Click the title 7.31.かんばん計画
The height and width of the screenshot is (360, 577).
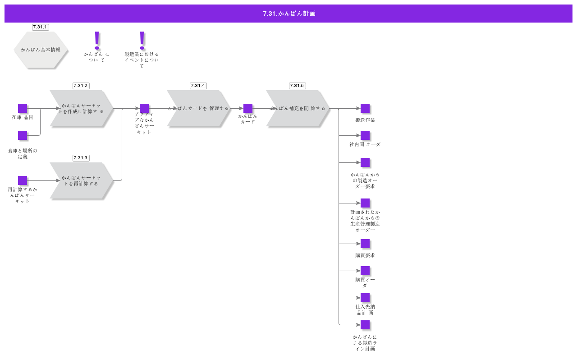coord(289,14)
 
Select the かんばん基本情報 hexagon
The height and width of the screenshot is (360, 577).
coord(41,50)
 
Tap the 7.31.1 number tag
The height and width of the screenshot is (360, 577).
coord(40,27)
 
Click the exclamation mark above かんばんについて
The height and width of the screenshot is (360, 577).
coord(96,40)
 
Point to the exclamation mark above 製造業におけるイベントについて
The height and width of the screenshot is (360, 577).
coord(142,40)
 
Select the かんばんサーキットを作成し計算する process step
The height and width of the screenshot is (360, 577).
coord(81,108)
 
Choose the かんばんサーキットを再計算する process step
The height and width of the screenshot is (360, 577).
coord(81,180)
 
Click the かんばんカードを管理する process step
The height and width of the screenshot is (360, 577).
coord(198,108)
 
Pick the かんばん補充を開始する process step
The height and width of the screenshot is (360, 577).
coord(298,108)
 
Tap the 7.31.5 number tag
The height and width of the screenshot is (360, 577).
coord(297,86)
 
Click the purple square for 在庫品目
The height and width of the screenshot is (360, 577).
coord(23,108)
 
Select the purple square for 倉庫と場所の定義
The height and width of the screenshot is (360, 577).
coord(23,135)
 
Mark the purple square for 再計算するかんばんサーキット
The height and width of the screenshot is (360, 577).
coord(23,180)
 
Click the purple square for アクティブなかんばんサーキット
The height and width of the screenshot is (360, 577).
coord(144,108)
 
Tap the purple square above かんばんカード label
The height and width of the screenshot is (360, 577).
coord(248,108)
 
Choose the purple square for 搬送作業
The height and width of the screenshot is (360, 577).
coord(365,108)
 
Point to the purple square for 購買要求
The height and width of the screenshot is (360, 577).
coord(365,244)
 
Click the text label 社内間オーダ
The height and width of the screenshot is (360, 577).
coord(365,144)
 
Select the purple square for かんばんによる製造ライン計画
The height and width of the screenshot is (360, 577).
coord(365,325)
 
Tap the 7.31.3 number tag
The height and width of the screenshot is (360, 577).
coord(81,158)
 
